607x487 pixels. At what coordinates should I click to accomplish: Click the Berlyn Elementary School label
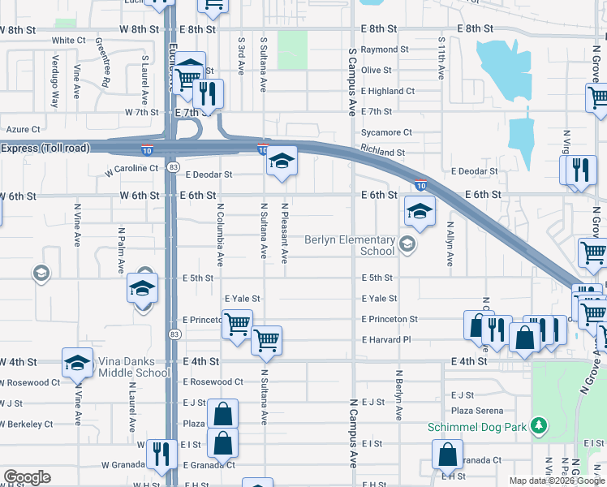coord(350,245)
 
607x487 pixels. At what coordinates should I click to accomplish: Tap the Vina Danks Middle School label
coord(134,367)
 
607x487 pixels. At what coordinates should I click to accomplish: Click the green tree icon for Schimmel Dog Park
coord(536,426)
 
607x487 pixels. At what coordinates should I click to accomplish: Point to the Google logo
coord(27,477)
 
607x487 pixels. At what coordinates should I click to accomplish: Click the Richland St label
coord(383,152)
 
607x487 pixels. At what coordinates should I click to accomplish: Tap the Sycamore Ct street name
coord(386,132)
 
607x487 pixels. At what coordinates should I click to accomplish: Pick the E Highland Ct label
coord(388,92)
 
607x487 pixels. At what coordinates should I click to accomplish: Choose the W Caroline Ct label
coord(130,169)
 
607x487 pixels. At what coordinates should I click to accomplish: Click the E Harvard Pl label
coord(387,340)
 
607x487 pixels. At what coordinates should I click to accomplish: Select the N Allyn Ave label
coord(450,248)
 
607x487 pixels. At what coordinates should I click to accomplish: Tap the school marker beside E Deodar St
coord(282,161)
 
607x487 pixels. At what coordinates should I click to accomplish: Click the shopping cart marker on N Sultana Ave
coord(266,339)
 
